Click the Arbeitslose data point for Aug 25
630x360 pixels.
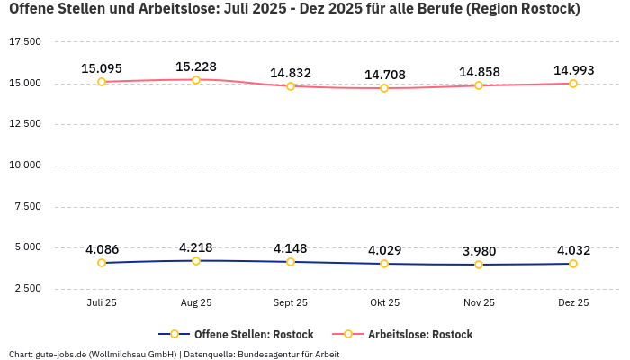[196, 80]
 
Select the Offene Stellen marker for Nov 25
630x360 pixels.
[479, 265]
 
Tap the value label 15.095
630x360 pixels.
[102, 68]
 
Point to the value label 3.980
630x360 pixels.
[479, 251]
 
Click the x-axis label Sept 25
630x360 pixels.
[291, 302]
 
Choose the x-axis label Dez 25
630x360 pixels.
[573, 302]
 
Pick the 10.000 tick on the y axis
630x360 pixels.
[25, 166]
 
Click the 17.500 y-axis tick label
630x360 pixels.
[25, 42]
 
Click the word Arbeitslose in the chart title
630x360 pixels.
[176, 9]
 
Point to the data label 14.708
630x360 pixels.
[384, 75]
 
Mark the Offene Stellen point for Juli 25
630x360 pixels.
[102, 263]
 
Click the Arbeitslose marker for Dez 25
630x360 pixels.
[573, 84]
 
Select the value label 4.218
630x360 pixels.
[196, 247]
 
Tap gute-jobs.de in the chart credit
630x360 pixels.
[62, 354]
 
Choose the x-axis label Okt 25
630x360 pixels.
[384, 302]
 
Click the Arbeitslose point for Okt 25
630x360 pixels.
[384, 88]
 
